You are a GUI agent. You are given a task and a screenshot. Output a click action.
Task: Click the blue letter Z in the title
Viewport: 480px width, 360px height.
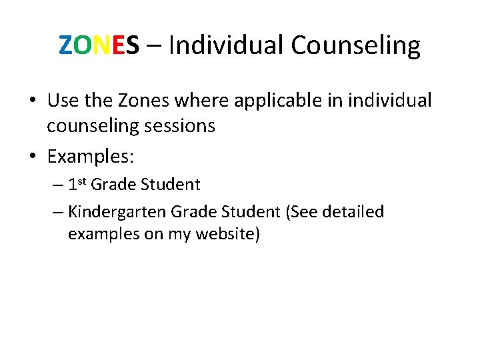[65, 45]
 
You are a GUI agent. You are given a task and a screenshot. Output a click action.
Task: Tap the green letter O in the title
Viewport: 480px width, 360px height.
[82, 45]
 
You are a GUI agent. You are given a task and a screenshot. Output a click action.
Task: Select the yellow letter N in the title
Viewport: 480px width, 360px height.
[101, 45]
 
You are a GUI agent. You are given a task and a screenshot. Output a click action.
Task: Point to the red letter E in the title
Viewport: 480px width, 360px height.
[117, 45]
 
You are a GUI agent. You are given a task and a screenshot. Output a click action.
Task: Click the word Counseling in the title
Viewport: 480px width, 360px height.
[355, 45]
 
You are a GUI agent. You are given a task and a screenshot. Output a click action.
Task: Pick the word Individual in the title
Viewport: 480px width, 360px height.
[227, 45]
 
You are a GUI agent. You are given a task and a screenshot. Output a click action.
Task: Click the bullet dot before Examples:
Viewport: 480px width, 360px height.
[33, 157]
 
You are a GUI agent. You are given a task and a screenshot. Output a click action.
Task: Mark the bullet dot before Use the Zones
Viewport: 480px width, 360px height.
[33, 101]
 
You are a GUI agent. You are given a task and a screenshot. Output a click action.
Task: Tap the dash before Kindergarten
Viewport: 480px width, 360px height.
[57, 212]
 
